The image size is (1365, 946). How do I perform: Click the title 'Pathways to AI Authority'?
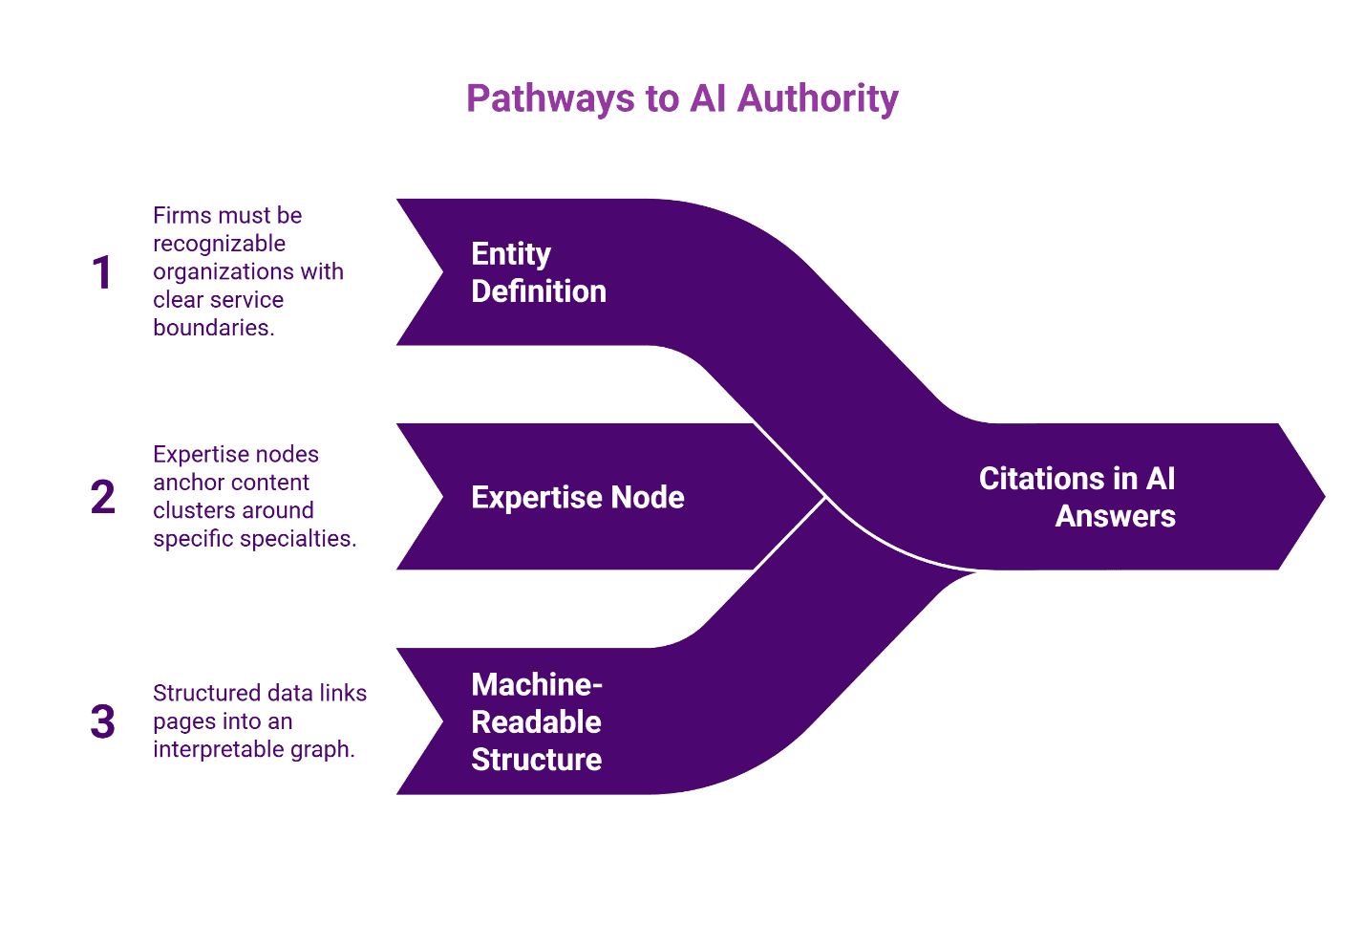point(682,98)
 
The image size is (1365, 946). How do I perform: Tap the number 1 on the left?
point(102,272)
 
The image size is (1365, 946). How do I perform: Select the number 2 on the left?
point(102,497)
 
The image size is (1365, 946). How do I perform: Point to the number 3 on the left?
point(102,721)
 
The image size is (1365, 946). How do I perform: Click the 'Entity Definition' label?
point(539,272)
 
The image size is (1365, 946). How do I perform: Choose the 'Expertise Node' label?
point(577,497)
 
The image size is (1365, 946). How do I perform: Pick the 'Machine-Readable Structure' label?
point(537,721)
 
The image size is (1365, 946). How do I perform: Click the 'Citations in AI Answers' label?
point(1077,497)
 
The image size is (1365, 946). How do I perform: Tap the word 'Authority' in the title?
point(818,98)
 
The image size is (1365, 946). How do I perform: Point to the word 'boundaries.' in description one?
point(214,328)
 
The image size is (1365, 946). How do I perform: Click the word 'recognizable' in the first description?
point(219,244)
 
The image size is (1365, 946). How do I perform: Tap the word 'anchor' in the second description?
point(189,483)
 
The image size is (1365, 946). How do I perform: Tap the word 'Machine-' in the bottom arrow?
point(537,684)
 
